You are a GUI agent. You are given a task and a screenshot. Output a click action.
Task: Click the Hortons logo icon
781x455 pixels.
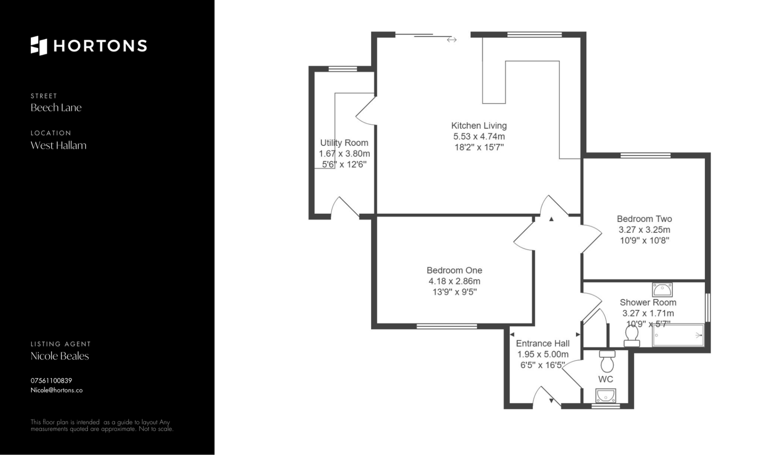tap(39, 46)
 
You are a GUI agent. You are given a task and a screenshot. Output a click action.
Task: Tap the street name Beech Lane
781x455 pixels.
tap(56, 108)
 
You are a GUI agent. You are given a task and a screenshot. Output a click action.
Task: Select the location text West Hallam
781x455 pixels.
tap(59, 146)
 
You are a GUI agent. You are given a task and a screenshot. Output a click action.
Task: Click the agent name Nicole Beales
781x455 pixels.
tap(60, 356)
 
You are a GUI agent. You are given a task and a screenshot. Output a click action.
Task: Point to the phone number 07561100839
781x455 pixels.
tap(51, 381)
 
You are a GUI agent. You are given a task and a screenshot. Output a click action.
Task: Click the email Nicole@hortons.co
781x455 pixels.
tap(57, 390)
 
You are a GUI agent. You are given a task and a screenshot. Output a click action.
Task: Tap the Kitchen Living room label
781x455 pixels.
tap(479, 126)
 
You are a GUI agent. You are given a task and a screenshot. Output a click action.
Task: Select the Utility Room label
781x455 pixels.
tap(344, 143)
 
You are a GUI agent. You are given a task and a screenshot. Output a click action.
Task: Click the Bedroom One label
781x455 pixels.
tap(454, 270)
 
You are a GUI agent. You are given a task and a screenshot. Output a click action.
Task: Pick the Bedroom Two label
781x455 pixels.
tap(644, 219)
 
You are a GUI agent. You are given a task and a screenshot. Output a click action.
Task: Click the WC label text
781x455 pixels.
tap(606, 379)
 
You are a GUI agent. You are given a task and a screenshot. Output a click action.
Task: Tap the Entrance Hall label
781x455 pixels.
tap(543, 344)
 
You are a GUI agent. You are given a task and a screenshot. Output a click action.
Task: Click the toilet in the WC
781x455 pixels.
tap(607, 361)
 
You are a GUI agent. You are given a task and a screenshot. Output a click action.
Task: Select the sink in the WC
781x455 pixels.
tap(606, 395)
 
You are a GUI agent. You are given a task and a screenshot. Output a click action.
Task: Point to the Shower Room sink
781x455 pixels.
tap(662, 290)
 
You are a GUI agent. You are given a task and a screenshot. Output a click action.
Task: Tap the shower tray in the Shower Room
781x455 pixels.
tap(678, 335)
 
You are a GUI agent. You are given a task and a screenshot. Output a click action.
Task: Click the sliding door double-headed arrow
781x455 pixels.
tap(452, 40)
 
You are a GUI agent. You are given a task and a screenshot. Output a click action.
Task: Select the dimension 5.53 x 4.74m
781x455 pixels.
tap(479, 137)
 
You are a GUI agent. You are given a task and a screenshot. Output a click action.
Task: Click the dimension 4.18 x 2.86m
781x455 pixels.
tap(454, 281)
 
